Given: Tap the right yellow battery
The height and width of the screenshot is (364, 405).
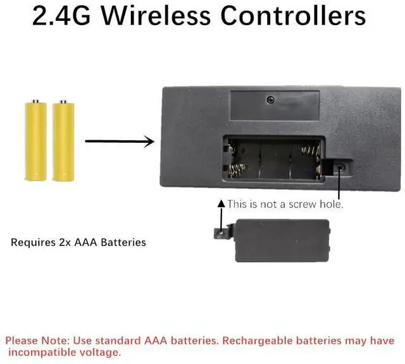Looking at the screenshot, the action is click(61, 140).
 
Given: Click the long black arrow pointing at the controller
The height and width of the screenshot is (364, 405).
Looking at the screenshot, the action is click(120, 141).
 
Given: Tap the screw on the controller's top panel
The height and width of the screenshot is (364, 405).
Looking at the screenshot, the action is click(270, 99).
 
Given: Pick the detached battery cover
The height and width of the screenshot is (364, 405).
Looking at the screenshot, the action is click(281, 240).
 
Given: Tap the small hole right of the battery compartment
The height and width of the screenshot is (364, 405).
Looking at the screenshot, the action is click(340, 167).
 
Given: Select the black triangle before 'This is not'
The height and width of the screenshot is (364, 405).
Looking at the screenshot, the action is click(221, 204).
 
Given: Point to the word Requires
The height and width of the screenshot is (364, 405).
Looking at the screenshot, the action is click(32, 242).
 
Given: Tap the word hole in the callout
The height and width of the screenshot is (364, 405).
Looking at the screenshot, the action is click(332, 204).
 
